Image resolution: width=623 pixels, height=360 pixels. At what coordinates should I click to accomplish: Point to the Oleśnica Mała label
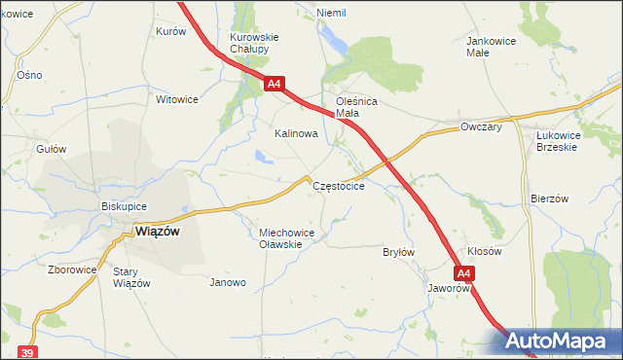[x=355, y=106]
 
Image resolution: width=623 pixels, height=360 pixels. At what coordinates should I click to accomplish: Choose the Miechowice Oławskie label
[x=282, y=238]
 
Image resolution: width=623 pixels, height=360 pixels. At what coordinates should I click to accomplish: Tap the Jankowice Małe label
[x=490, y=47]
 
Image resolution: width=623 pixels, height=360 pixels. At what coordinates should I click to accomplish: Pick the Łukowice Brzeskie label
[x=557, y=141]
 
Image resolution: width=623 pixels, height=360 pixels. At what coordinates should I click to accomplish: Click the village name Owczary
[x=481, y=126]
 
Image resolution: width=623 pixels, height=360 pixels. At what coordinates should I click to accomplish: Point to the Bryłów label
[x=399, y=252]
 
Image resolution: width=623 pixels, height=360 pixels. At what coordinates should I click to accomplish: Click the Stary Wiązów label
[x=131, y=277]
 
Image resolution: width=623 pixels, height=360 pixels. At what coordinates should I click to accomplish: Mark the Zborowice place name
[x=72, y=270]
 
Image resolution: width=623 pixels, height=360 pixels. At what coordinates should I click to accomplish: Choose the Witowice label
[x=177, y=99]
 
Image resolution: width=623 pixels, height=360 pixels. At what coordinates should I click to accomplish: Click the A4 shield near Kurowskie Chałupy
[x=274, y=85]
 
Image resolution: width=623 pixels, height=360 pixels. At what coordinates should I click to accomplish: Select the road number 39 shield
[x=27, y=351]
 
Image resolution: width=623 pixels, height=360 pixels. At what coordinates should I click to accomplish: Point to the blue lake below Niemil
[x=336, y=40]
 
